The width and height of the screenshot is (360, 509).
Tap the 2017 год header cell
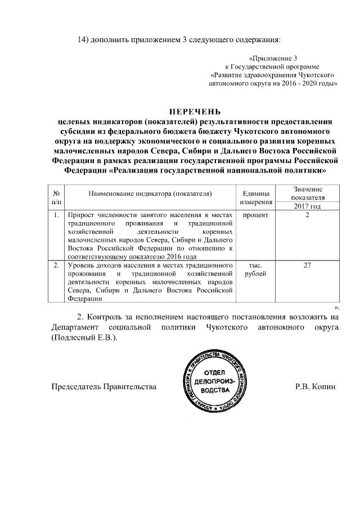coord(307,206)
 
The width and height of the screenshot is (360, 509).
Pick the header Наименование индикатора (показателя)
coord(150,193)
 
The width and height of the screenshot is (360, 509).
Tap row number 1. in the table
coord(57,215)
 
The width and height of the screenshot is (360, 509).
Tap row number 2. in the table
coord(57,265)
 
